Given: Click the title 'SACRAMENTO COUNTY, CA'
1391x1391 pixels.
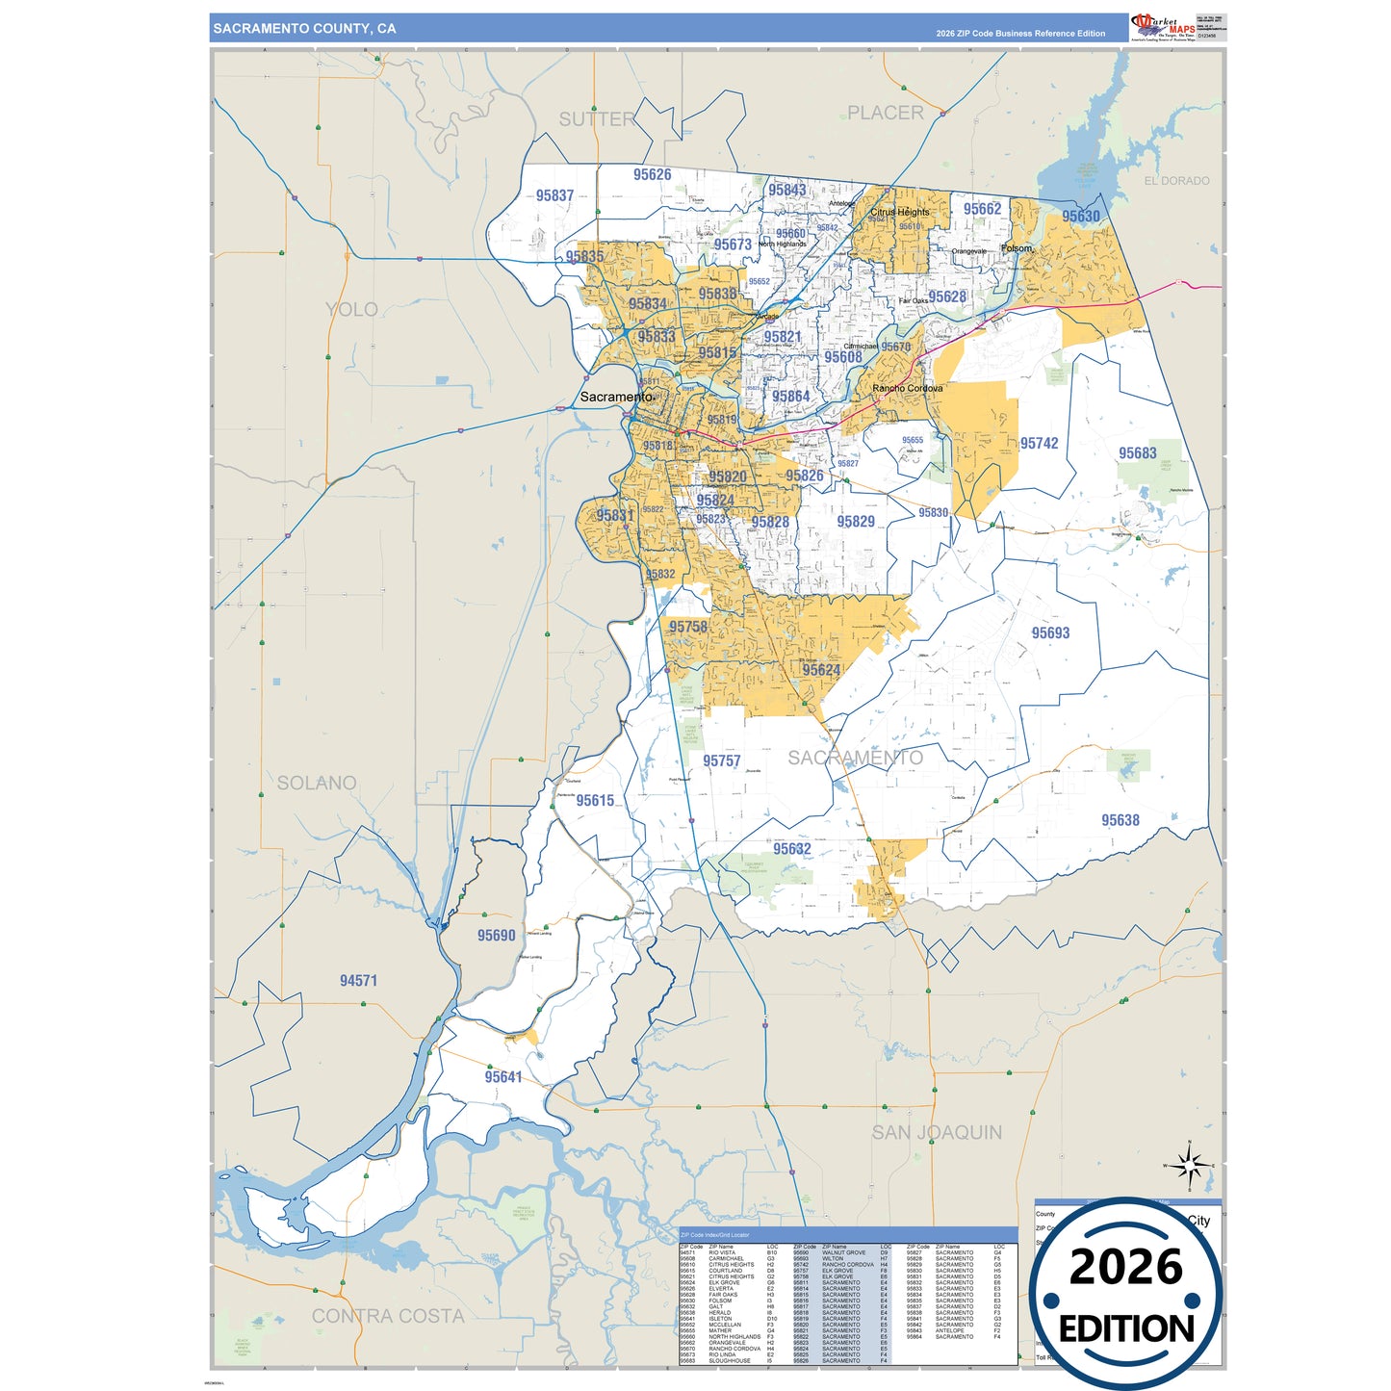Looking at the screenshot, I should click(x=304, y=29).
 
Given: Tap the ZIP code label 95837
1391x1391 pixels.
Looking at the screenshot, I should click(x=554, y=195).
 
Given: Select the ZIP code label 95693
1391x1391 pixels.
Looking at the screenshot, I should click(x=1050, y=633).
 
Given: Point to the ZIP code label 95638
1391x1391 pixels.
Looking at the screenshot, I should click(x=1120, y=820).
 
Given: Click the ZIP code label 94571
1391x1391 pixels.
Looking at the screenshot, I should click(x=358, y=981).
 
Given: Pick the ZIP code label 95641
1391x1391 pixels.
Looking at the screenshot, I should click(x=503, y=1077).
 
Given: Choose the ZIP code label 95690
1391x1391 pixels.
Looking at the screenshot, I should click(x=496, y=936).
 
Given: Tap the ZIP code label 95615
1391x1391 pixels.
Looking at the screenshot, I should click(x=595, y=801).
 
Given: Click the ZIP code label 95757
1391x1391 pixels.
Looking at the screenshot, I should click(x=721, y=761).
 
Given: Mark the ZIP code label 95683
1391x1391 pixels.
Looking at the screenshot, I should click(x=1137, y=453).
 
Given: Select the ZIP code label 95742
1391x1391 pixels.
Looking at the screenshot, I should click(x=1039, y=444).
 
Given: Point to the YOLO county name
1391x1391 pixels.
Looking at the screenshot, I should click(x=351, y=310).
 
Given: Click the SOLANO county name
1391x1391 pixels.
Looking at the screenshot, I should click(x=317, y=784).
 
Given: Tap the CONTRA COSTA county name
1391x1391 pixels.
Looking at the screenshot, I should click(x=388, y=1316).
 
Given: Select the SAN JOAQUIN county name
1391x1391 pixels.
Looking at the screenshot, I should click(x=937, y=1133).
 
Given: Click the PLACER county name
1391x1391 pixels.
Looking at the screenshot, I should click(x=885, y=114).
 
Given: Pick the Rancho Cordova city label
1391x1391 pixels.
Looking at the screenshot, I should click(x=907, y=389).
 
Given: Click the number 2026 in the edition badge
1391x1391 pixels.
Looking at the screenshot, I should click(x=1125, y=1268).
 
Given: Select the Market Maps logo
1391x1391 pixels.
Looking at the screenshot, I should click(x=1164, y=27).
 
